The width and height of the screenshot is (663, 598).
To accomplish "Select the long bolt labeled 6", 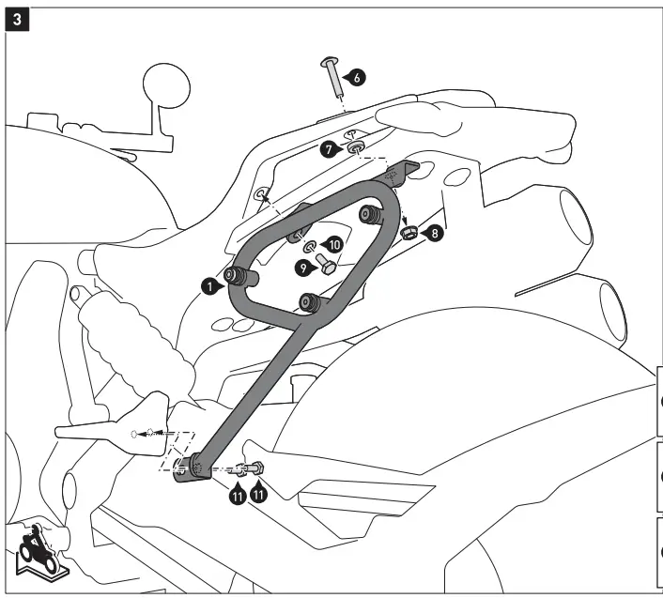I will pos(333,78).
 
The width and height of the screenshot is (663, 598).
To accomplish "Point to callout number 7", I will pos(324,148).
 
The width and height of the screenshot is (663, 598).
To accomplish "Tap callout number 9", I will pos(303,268).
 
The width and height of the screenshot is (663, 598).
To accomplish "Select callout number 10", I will pos(331,246).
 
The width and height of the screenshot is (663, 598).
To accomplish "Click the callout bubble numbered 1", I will pos(214,284).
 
